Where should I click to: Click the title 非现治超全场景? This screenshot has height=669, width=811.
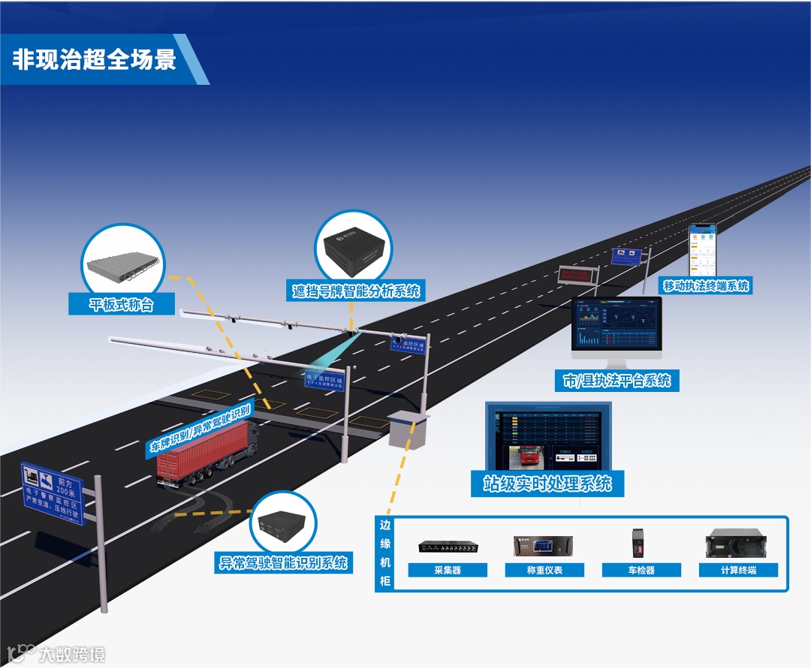pyautogui.click(x=94, y=59)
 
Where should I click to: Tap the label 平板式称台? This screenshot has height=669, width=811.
pyautogui.click(x=122, y=304)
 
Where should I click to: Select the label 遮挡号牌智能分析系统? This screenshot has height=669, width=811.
pyautogui.click(x=356, y=290)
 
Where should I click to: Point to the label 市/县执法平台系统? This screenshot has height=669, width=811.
pyautogui.click(x=617, y=380)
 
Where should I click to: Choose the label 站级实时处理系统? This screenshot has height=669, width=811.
pyautogui.click(x=547, y=483)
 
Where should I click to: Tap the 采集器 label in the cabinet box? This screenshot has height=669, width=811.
pyautogui.click(x=448, y=570)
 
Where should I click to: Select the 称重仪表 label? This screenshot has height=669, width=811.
pyautogui.click(x=544, y=570)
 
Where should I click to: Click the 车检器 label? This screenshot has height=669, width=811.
pyautogui.click(x=641, y=570)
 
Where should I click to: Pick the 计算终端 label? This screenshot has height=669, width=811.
pyautogui.click(x=738, y=570)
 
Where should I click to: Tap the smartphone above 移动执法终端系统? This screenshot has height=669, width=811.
pyautogui.click(x=703, y=250)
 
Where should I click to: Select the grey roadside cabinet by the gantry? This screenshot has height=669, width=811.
pyautogui.click(x=408, y=428)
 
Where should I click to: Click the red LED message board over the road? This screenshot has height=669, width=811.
pyautogui.click(x=577, y=274)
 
